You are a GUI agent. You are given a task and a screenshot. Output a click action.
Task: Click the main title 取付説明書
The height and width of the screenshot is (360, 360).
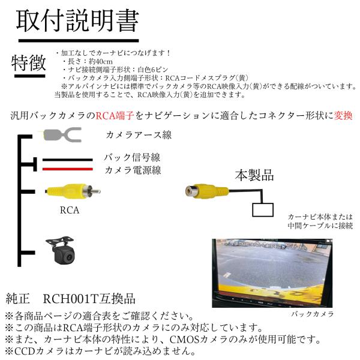[77, 21]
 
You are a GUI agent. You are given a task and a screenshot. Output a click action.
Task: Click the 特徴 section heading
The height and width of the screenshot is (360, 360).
[29, 63]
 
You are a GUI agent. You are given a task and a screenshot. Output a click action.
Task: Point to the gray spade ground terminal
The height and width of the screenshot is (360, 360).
[62, 134]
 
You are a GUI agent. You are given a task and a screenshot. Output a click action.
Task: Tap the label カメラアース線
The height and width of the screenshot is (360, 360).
[139, 135]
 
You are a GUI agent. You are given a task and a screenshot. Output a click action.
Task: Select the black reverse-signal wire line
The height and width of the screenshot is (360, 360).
[67, 160]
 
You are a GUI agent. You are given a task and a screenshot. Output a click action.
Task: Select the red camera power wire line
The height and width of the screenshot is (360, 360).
[67, 169]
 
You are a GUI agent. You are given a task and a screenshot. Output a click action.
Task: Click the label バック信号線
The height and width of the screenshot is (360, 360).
[132, 157]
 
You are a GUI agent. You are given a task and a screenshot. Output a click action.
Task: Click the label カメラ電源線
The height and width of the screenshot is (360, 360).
[133, 170]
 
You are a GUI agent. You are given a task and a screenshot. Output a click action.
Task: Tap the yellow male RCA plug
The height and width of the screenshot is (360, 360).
[73, 191]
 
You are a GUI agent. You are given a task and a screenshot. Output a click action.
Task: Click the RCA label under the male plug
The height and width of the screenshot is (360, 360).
[70, 210]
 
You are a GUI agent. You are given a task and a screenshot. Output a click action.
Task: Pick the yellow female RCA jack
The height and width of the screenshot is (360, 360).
[207, 191]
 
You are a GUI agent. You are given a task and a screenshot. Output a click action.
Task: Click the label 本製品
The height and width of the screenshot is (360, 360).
[254, 175]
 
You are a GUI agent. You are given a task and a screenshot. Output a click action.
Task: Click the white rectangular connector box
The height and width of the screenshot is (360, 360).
[263, 210]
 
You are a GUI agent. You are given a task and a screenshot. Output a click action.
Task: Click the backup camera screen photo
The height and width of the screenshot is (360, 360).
[272, 273]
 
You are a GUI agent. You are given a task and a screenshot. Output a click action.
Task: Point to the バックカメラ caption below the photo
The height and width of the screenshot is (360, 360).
[313, 314]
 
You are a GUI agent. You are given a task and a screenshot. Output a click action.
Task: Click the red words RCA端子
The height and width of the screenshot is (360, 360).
[115, 115]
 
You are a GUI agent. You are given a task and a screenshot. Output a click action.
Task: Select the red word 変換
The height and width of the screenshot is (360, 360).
[343, 115]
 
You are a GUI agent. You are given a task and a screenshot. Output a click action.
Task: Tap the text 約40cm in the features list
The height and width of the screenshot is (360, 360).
[101, 62]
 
